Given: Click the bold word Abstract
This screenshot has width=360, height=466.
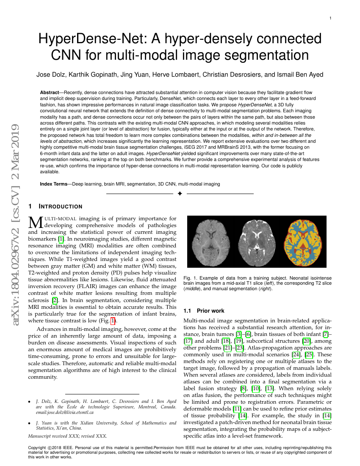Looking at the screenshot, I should click(49, 92).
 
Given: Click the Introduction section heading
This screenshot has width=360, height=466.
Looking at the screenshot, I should click(61, 207).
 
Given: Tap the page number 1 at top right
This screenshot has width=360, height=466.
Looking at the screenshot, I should click(330, 18).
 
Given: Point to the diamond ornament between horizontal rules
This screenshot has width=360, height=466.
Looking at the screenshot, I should click(180, 194).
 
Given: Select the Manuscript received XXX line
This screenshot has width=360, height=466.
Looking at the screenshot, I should click(67, 435).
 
